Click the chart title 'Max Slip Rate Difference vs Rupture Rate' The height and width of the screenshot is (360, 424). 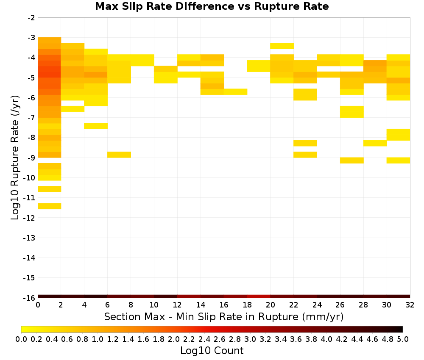point(212,6)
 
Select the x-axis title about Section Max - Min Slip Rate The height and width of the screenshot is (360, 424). point(224,316)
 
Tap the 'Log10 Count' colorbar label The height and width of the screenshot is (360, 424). point(212,351)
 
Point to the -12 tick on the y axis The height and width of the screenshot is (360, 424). point(29,218)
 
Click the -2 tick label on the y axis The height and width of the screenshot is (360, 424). point(31,18)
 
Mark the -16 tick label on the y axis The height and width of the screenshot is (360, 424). point(29,298)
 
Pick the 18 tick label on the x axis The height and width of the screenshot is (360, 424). point(247,305)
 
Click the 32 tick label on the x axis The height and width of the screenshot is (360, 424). point(410,305)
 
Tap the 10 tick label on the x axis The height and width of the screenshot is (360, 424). point(154,305)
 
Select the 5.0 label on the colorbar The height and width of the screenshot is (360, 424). point(403,339)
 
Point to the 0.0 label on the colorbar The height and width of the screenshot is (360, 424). point(21,339)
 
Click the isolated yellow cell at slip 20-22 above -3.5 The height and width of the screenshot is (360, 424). point(282,46)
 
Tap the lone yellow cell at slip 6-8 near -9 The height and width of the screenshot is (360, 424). point(119,155)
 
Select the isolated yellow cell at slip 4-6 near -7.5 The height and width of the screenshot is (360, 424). point(96,126)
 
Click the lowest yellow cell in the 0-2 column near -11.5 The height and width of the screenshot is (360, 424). point(50,206)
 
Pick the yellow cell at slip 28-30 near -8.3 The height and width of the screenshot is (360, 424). point(375,143)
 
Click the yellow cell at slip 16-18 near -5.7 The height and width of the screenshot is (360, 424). point(235,92)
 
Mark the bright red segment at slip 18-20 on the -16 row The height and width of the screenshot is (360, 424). point(259,296)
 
